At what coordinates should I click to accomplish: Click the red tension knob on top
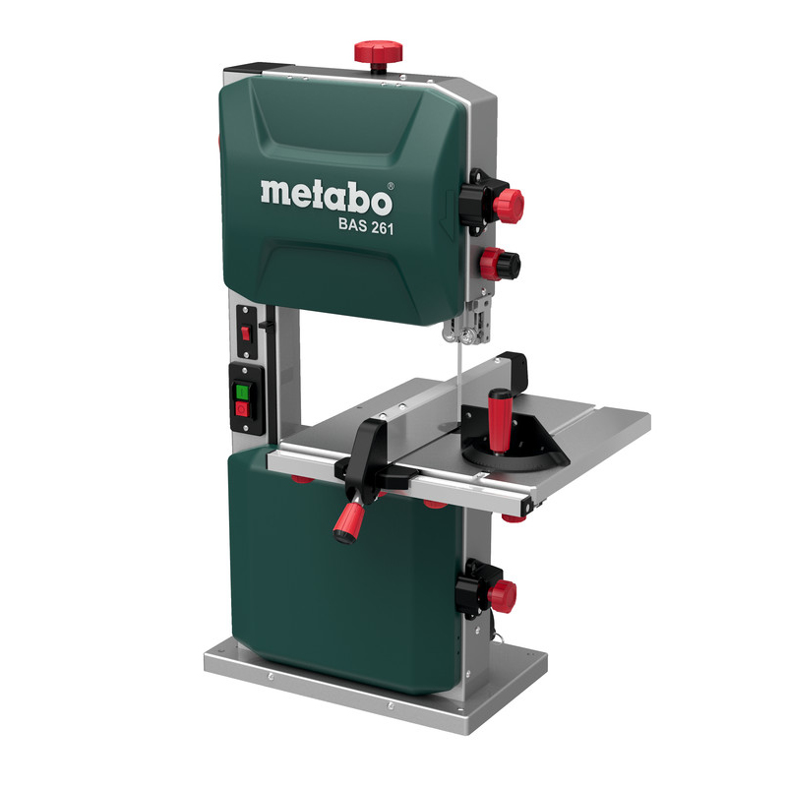click(379, 52)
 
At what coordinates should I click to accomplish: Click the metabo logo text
click(327, 197)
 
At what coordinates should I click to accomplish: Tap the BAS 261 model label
click(366, 225)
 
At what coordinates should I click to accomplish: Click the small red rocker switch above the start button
click(245, 333)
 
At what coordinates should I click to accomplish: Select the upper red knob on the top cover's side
click(508, 206)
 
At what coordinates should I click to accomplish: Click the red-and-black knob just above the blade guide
click(500, 264)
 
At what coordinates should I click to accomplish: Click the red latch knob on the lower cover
click(502, 596)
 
